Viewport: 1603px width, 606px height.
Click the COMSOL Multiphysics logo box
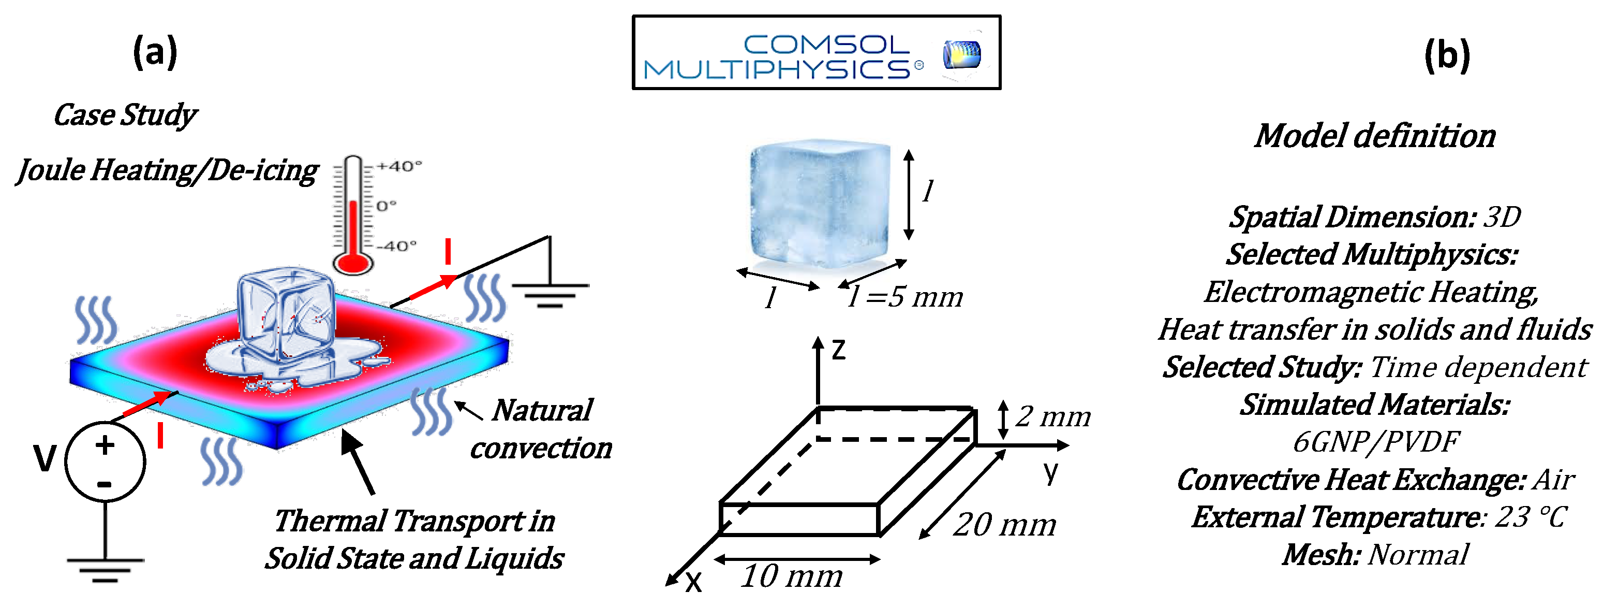tap(816, 52)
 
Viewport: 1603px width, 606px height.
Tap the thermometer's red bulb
tap(353, 262)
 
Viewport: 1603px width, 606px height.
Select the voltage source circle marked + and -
tap(105, 462)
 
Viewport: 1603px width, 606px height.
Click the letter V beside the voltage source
tap(45, 458)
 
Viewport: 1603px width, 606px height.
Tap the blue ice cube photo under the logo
tap(820, 204)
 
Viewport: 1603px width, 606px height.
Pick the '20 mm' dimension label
tap(1004, 524)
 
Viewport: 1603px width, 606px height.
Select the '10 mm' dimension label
tap(792, 576)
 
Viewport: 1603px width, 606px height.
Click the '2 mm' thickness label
tap(1053, 416)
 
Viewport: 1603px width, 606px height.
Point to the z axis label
tap(839, 350)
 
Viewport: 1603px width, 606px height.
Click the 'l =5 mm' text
tap(906, 296)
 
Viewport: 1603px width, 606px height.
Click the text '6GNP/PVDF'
tap(1375, 442)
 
